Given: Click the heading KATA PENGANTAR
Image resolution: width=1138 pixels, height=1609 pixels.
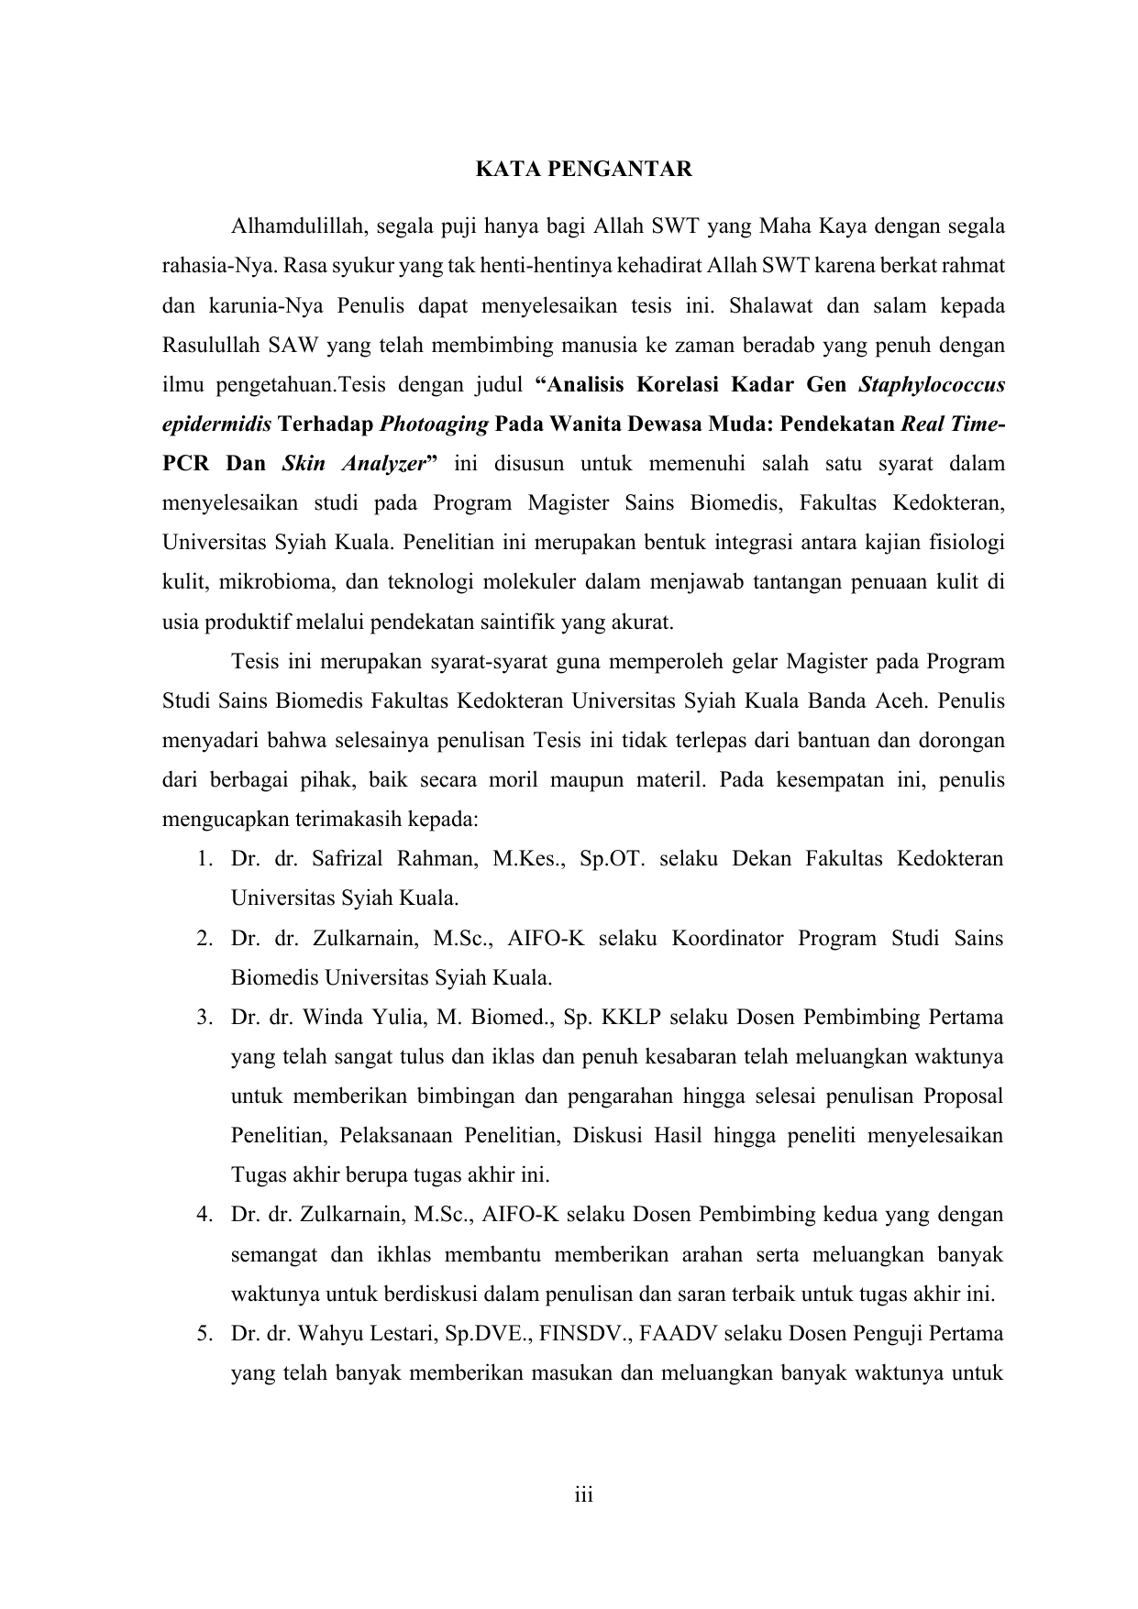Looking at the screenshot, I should pyautogui.click(x=583, y=170).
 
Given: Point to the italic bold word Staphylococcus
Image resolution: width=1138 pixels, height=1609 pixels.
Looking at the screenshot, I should pyautogui.click(x=931, y=384).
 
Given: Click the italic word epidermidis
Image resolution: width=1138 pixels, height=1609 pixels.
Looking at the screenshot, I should pyautogui.click(x=215, y=424).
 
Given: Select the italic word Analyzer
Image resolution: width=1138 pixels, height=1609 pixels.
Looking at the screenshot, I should pyautogui.click(x=383, y=464).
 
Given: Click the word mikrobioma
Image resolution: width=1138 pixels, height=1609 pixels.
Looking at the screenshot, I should pyautogui.click(x=266, y=582).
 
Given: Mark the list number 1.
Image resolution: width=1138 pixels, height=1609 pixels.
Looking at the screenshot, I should pyautogui.click(x=201, y=859).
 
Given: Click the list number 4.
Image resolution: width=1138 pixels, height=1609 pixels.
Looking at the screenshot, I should pyautogui.click(x=202, y=1215).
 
